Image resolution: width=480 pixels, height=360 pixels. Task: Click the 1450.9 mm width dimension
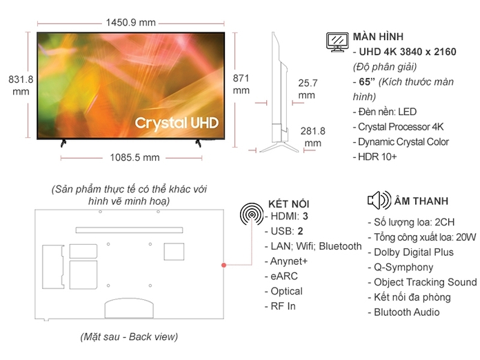pyautogui.click(x=131, y=23)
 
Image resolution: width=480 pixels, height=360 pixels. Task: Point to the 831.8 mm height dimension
pyautogui.click(x=21, y=86)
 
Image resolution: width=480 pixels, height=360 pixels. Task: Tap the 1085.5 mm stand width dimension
pyautogui.click(x=134, y=158)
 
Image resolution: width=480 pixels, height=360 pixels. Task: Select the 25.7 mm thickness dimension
pyautogui.click(x=308, y=89)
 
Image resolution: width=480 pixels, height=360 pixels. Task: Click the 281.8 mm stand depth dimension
pyautogui.click(x=312, y=137)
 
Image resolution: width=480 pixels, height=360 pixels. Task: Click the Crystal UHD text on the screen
pyautogui.click(x=177, y=123)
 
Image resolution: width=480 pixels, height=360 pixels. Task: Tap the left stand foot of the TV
pyautogui.click(x=63, y=143)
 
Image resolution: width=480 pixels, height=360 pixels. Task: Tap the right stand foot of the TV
pyautogui.click(x=199, y=143)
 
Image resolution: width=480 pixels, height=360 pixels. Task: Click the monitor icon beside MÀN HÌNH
pyautogui.click(x=337, y=42)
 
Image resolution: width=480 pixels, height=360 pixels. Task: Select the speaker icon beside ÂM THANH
pyautogui.click(x=379, y=200)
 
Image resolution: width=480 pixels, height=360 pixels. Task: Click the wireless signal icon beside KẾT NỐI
pyautogui.click(x=252, y=214)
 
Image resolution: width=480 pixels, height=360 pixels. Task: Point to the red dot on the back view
pyautogui.click(x=223, y=265)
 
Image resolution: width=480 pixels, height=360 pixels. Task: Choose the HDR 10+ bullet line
pyautogui.click(x=374, y=157)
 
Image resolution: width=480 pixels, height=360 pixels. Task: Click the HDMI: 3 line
pyautogui.click(x=286, y=216)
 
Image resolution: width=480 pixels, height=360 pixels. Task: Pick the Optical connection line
pyautogui.click(x=283, y=291)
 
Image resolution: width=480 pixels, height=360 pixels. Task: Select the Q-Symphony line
pyautogui.click(x=401, y=268)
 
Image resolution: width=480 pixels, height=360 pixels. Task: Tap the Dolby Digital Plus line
pyautogui.click(x=411, y=252)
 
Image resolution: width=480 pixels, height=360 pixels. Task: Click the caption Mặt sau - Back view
pyautogui.click(x=129, y=337)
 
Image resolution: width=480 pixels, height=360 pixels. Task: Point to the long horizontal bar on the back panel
pyautogui.click(x=129, y=230)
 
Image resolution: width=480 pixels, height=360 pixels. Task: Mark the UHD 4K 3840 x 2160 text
pyautogui.click(x=405, y=52)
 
